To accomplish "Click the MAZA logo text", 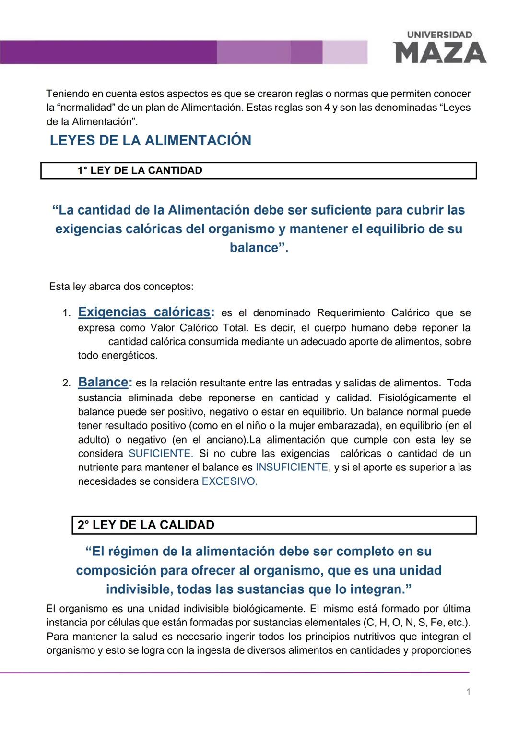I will (x=439, y=52).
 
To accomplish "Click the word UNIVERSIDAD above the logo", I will (x=439, y=35).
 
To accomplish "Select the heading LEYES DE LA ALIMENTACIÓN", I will (x=151, y=140).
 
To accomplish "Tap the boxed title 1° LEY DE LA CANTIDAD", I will (x=140, y=170).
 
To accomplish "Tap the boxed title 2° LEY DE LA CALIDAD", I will (x=146, y=525).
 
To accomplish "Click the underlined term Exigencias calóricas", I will (x=144, y=312).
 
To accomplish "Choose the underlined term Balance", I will (x=103, y=382).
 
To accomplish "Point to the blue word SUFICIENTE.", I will (x=160, y=454).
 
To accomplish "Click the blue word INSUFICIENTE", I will (x=292, y=468).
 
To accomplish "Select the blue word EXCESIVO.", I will (x=229, y=481).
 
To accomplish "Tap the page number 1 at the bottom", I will (x=468, y=692).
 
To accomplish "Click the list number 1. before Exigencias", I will (x=67, y=313).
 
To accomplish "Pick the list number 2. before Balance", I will (x=67, y=384).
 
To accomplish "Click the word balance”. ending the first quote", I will (x=259, y=248).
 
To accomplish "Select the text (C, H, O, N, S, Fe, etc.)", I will (x=415, y=623).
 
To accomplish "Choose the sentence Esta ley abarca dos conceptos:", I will (x=121, y=287).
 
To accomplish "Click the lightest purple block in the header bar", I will (x=345, y=52).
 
